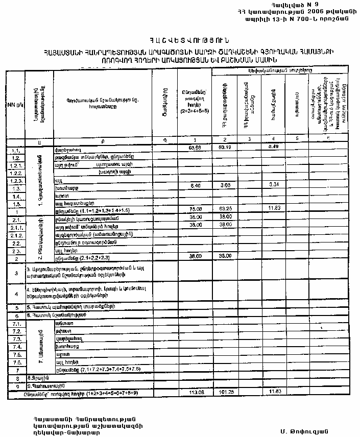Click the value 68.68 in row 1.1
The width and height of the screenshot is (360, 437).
(x=194, y=148)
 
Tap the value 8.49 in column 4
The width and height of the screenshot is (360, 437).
(x=273, y=148)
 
